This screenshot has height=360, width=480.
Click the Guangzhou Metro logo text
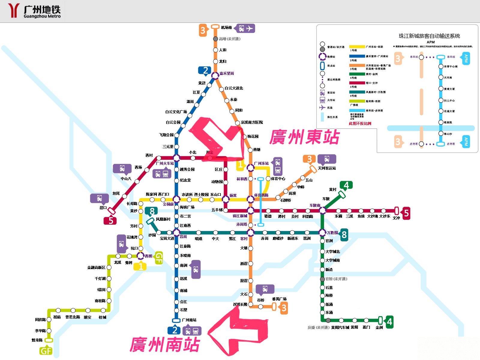pos(42,11)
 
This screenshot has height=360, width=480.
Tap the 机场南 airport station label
pos(226,28)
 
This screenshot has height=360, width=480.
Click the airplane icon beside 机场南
pos(250,28)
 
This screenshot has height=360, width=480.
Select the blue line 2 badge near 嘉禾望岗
pos(205,71)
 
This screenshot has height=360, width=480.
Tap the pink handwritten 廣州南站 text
pos(165,344)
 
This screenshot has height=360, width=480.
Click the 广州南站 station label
pos(189,320)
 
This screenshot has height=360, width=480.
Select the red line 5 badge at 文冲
pos(406,213)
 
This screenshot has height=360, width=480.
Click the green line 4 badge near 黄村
pos(346,185)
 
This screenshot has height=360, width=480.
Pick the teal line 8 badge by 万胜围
pos(344,235)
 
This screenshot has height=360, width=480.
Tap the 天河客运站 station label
pos(327,168)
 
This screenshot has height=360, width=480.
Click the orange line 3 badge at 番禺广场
pos(283,308)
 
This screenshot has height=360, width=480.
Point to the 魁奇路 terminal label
pos(37,340)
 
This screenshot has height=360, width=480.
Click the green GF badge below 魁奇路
pos(46,351)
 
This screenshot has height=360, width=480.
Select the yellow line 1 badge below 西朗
pos(140,266)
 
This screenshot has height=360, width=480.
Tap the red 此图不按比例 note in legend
pos(360,124)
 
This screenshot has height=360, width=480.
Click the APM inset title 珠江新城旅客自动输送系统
pos(429,36)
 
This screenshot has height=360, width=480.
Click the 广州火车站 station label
pos(165,163)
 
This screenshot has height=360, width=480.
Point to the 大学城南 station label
pos(333,260)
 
